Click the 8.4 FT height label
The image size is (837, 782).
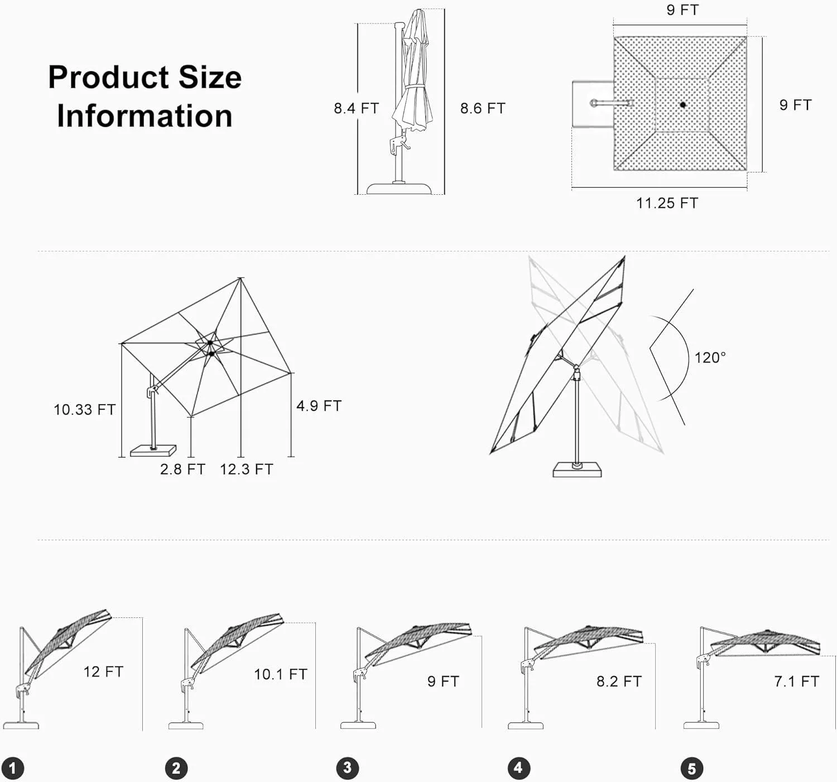(x=356, y=108)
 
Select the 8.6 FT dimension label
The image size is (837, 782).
(x=483, y=108)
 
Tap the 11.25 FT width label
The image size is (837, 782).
(x=667, y=203)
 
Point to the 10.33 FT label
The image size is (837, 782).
(x=84, y=410)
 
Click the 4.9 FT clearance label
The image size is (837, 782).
(x=319, y=406)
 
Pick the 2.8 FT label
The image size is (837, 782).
(x=182, y=469)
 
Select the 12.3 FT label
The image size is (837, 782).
(x=247, y=469)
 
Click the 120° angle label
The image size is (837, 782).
(x=710, y=358)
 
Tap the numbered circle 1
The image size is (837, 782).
(x=13, y=768)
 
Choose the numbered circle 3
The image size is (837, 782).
(x=347, y=768)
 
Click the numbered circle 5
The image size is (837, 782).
(x=691, y=769)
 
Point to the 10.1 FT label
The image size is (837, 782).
(x=281, y=674)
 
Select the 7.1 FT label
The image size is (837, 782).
(x=796, y=682)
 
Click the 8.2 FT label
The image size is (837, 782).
(x=619, y=682)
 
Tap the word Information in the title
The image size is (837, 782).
(x=145, y=116)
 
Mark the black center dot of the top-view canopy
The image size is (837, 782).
(x=682, y=104)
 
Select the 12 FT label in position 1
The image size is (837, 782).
(x=103, y=671)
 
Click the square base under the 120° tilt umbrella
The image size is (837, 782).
(x=577, y=470)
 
